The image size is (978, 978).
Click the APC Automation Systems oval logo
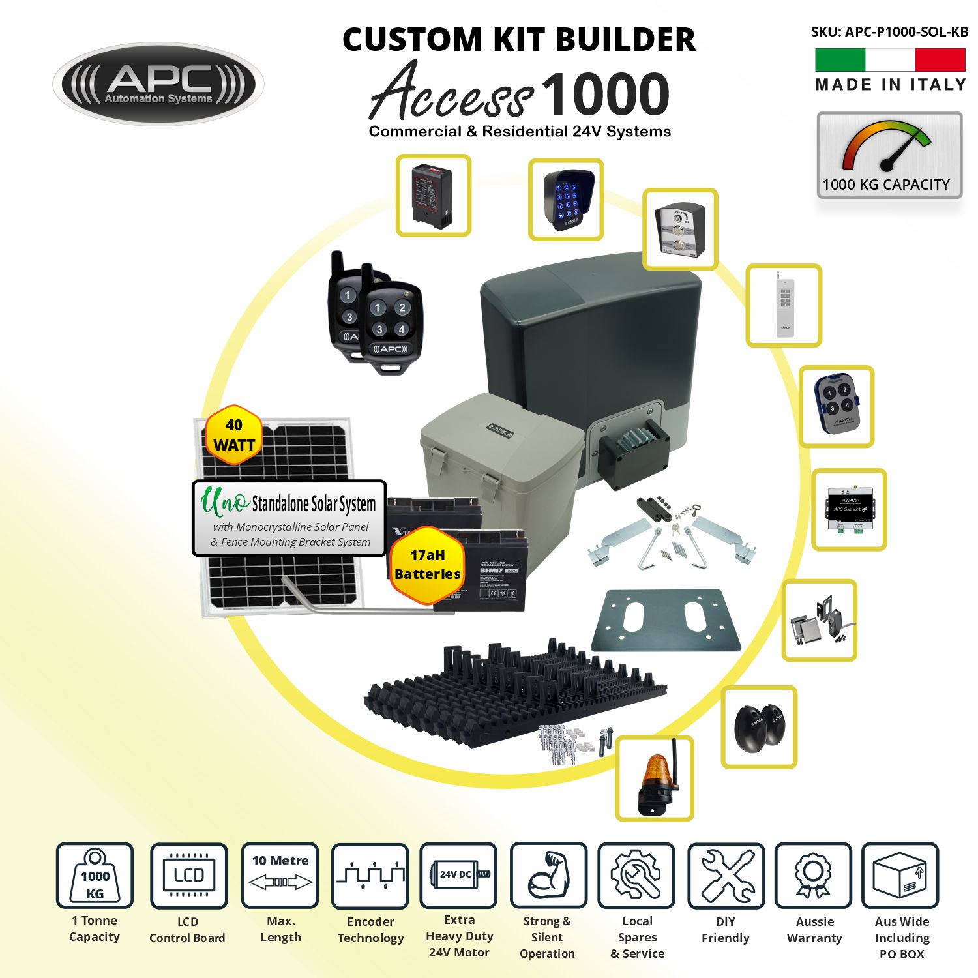click(x=158, y=84)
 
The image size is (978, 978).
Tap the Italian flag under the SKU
click(x=890, y=60)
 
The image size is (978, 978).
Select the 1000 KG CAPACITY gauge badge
click(x=889, y=155)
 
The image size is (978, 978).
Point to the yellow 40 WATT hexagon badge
click(x=233, y=435)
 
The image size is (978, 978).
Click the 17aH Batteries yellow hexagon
click(x=427, y=565)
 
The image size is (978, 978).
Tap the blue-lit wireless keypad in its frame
click(x=565, y=200)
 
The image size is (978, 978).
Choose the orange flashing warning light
click(x=655, y=778)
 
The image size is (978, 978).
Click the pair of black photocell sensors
click(x=759, y=726)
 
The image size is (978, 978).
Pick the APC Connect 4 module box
click(x=849, y=509)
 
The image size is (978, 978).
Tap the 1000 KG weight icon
click(x=95, y=876)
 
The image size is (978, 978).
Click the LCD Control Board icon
click(x=188, y=876)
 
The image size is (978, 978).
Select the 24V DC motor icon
click(x=458, y=874)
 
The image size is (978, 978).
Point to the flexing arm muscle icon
click(x=548, y=875)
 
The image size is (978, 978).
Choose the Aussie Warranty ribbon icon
click(x=813, y=875)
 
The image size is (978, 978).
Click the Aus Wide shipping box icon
click(x=900, y=875)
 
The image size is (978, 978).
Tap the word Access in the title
click(x=451, y=93)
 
